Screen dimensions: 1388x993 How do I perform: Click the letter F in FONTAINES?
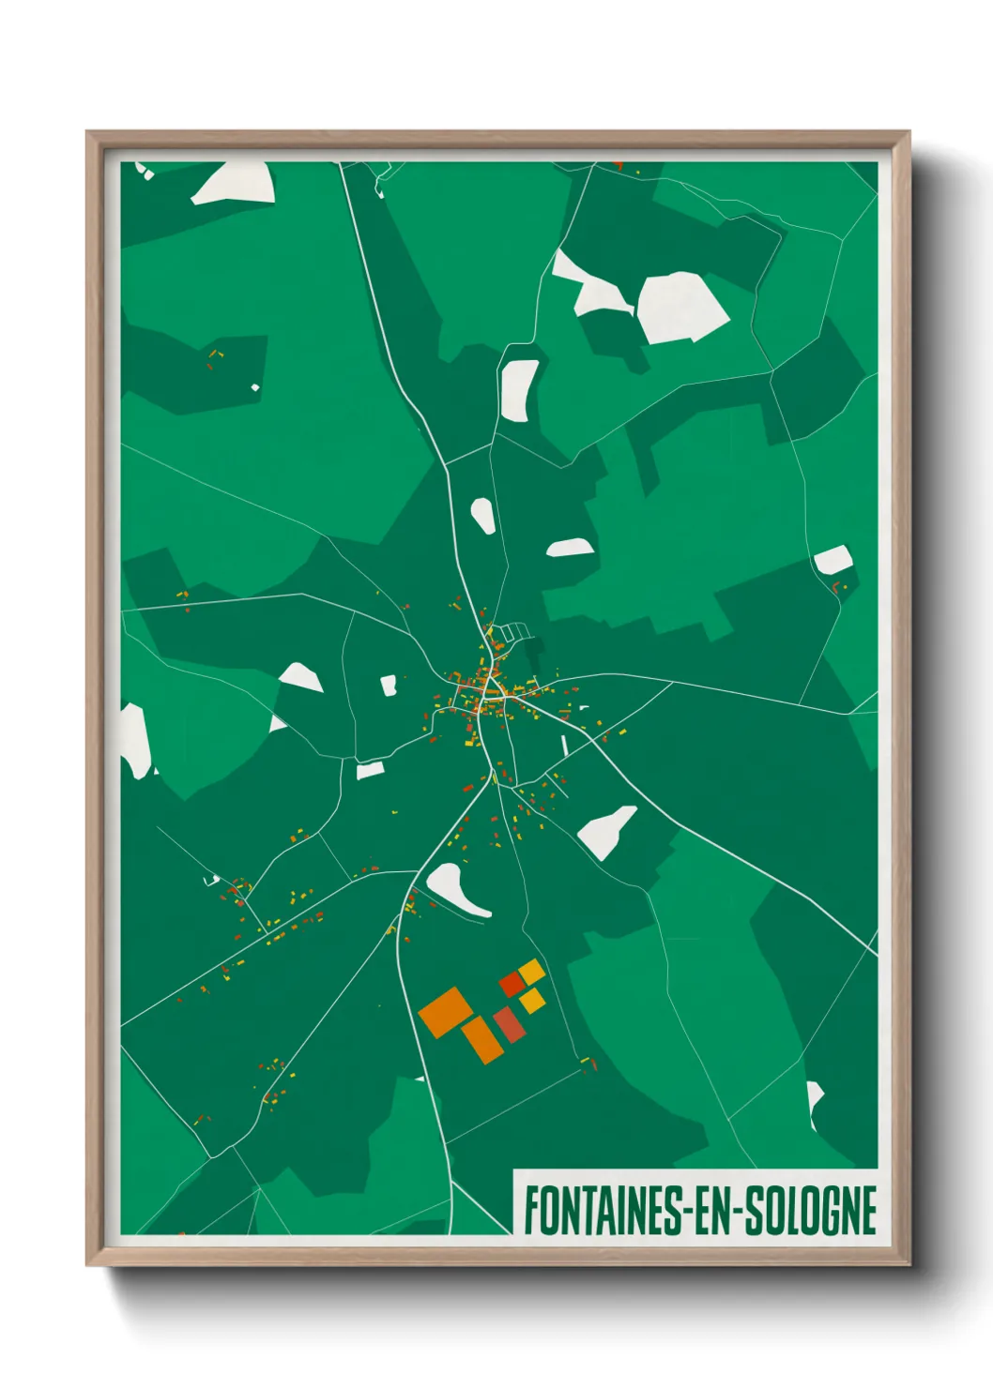[531, 1210]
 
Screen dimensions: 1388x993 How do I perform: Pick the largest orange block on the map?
[446, 1011]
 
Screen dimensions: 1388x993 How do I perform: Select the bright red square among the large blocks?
[511, 984]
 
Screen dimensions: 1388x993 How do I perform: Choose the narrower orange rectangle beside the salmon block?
[481, 1039]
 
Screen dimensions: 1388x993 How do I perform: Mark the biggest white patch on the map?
[681, 307]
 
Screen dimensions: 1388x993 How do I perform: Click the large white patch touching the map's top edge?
[235, 183]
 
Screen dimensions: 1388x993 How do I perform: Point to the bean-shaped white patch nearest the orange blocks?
[454, 890]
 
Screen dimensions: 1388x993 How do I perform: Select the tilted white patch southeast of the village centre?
[606, 830]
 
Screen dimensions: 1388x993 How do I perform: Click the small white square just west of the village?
[389, 686]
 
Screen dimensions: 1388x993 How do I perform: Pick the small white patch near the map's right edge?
[833, 560]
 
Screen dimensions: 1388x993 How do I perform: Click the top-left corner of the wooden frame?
[87, 132]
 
